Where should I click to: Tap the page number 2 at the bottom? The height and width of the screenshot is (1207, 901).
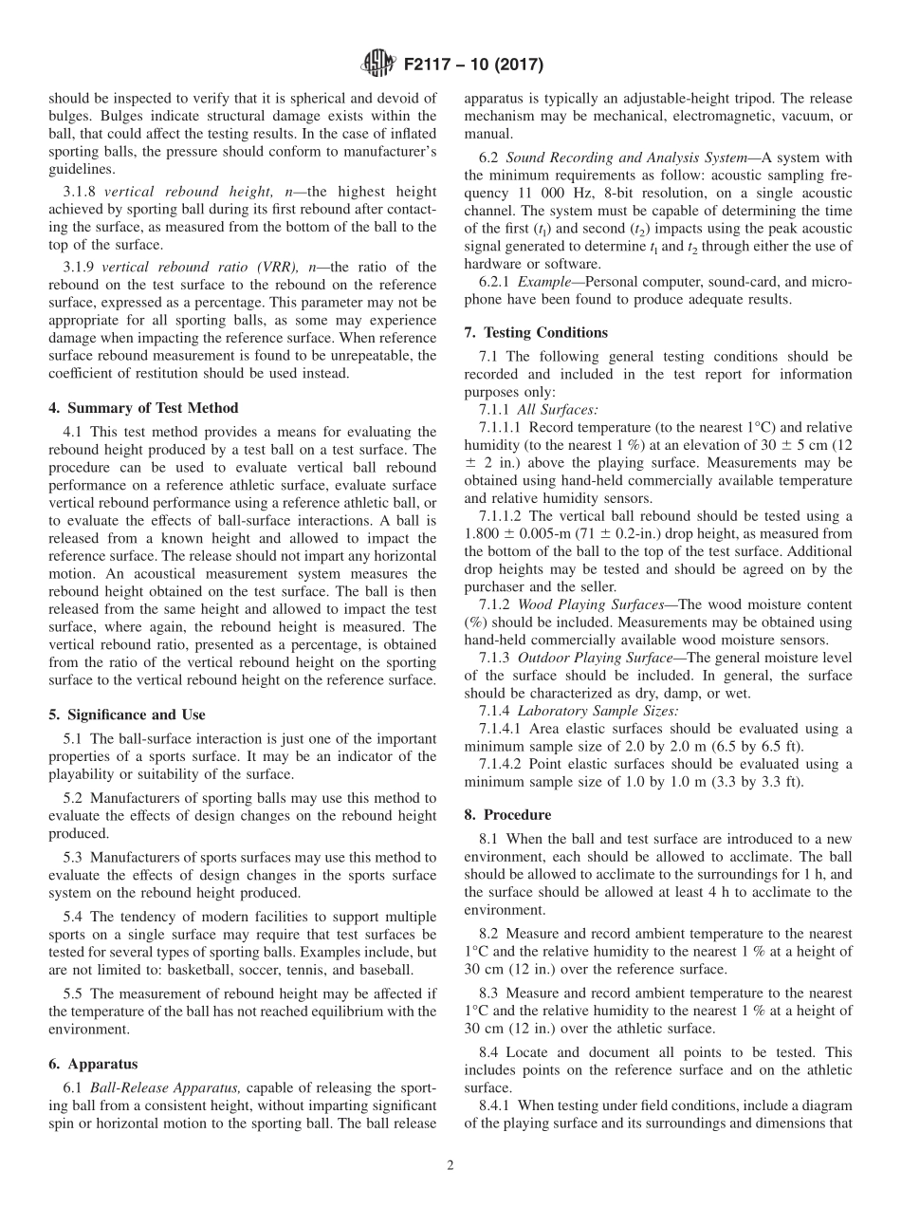pos(450,1166)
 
